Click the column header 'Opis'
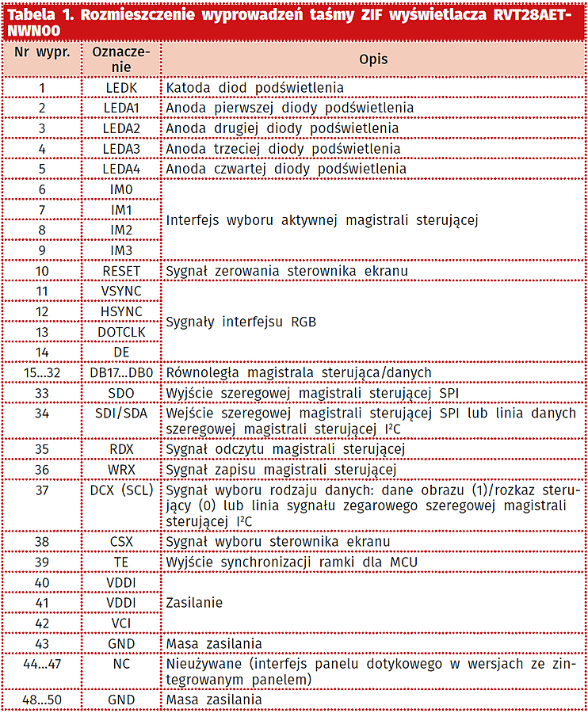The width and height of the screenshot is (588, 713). coord(373,59)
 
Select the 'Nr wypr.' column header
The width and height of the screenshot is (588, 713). coord(42,52)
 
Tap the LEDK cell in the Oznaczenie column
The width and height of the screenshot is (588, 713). coord(121,87)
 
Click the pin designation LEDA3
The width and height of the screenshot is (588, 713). coord(121,149)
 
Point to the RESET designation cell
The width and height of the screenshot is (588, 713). coord(121,271)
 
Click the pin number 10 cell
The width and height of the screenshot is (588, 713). coord(42,271)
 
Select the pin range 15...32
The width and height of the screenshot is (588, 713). coord(42,372)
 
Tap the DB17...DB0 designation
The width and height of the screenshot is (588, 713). coord(121,372)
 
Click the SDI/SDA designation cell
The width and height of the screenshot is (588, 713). coord(121,414)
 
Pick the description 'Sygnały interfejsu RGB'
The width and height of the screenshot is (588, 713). coord(241,322)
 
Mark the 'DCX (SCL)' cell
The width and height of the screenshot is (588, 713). coord(121,490)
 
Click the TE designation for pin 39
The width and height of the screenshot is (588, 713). coord(121,562)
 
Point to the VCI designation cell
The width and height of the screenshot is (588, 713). coord(121,623)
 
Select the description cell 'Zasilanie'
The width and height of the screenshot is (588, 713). coord(194,603)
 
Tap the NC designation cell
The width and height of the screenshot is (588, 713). coord(121,665)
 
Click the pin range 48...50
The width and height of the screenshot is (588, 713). coord(42,700)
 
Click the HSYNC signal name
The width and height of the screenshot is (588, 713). coord(121,312)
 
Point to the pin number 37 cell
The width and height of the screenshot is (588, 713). coord(42,490)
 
